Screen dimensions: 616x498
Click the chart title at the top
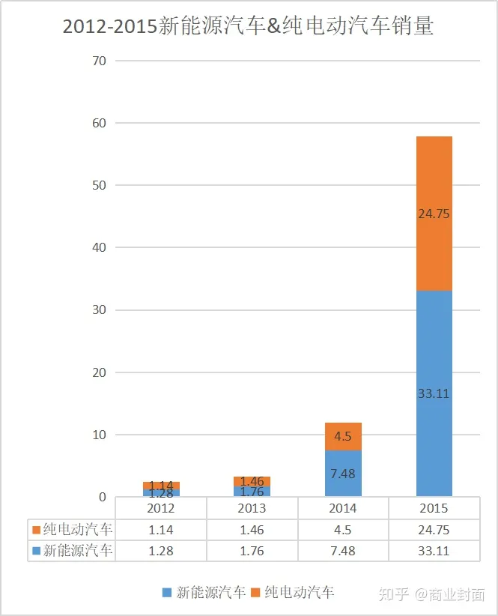(x=248, y=26)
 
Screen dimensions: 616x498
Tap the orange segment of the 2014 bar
(x=343, y=436)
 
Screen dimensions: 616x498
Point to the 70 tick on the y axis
(x=99, y=60)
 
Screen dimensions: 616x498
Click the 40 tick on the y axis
(x=99, y=247)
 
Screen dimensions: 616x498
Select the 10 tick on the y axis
(x=99, y=435)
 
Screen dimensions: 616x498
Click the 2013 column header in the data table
(x=252, y=508)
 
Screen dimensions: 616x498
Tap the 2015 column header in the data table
(x=434, y=508)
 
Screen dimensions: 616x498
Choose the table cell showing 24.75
(x=434, y=530)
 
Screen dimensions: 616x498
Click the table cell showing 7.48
(x=343, y=551)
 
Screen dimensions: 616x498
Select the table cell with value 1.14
(x=161, y=530)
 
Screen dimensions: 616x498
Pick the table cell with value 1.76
(x=252, y=551)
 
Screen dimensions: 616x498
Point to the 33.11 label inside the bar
(x=434, y=393)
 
